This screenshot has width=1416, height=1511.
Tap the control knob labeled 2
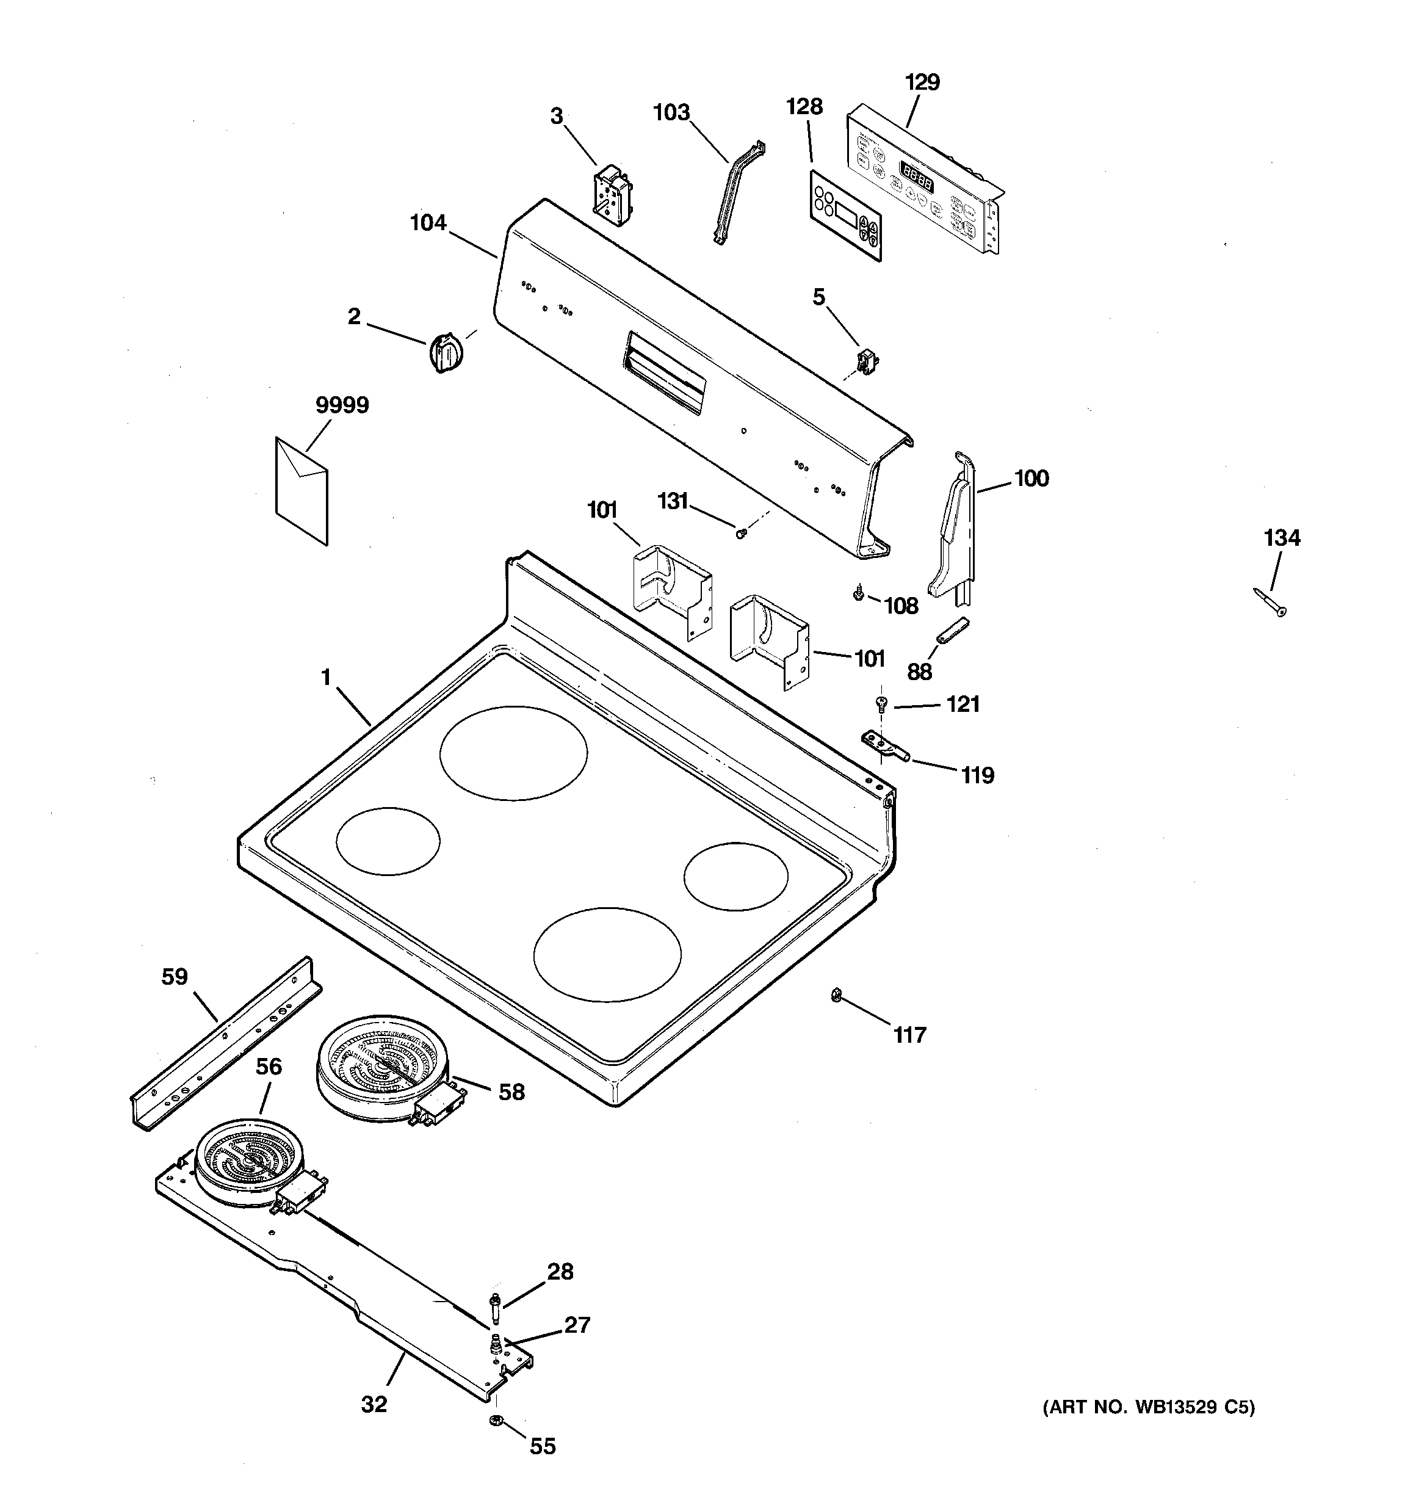point(446,352)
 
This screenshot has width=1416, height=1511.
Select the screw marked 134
point(1270,603)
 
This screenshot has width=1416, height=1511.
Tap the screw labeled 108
point(859,592)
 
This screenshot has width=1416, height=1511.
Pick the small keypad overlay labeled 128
point(846,216)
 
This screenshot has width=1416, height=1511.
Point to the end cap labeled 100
point(952,524)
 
